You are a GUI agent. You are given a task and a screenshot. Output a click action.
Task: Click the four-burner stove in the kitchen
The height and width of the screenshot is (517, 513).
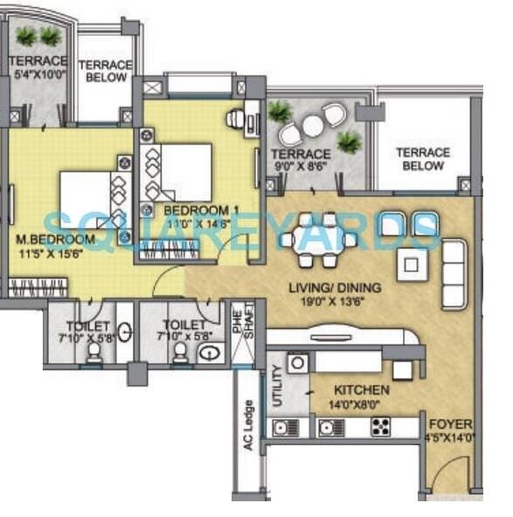tap(380, 428)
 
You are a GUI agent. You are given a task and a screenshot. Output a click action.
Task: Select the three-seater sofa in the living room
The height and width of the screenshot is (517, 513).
tap(454, 273)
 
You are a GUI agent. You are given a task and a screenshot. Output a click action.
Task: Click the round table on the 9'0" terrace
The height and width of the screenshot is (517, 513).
tap(314, 127)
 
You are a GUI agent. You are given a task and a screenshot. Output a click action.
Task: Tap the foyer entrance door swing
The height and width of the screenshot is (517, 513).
tap(449, 476)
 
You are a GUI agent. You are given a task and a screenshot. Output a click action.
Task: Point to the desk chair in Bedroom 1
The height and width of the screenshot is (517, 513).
tap(235, 118)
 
